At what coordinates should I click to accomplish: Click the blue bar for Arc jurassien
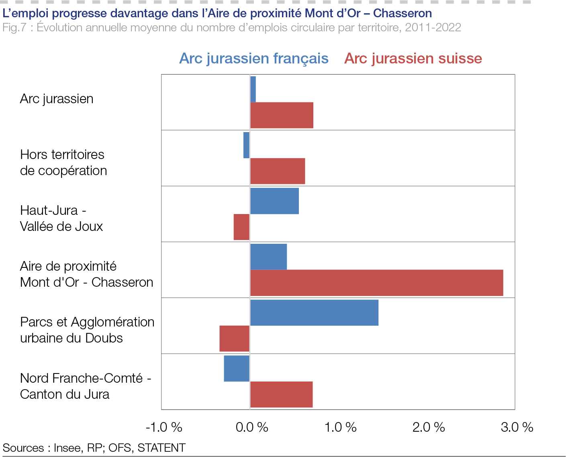pyautogui.click(x=253, y=89)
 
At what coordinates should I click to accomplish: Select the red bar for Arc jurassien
pyautogui.click(x=282, y=115)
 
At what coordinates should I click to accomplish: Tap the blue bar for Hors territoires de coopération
pyautogui.click(x=246, y=145)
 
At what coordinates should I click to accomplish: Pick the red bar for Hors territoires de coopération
pyautogui.click(x=278, y=171)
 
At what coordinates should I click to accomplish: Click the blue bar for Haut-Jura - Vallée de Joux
pyautogui.click(x=274, y=201)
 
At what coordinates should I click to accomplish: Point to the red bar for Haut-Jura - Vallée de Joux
pyautogui.click(x=242, y=227)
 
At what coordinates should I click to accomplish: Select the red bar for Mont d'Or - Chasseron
pyautogui.click(x=376, y=283)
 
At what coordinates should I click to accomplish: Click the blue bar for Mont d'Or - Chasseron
pyautogui.click(x=268, y=257)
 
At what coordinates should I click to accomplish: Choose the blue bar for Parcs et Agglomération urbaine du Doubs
pyautogui.click(x=314, y=312)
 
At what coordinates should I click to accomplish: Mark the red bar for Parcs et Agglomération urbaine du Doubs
pyautogui.click(x=235, y=339)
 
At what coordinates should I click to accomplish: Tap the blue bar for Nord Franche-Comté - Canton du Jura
pyautogui.click(x=237, y=368)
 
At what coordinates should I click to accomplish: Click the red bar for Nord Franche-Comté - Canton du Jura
pyautogui.click(x=281, y=394)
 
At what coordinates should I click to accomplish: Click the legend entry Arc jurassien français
pyautogui.click(x=254, y=59)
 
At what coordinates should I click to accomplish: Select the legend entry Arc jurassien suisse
pyautogui.click(x=413, y=59)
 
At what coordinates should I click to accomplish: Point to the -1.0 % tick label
pyautogui.click(x=164, y=427)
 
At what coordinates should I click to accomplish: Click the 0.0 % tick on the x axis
pyautogui.click(x=252, y=427)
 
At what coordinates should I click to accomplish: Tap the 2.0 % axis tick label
pyautogui.click(x=429, y=427)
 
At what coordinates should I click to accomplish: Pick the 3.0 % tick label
pyautogui.click(x=517, y=427)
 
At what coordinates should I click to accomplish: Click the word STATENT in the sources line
pyautogui.click(x=161, y=448)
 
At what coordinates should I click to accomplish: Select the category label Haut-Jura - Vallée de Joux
pyautogui.click(x=61, y=218)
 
